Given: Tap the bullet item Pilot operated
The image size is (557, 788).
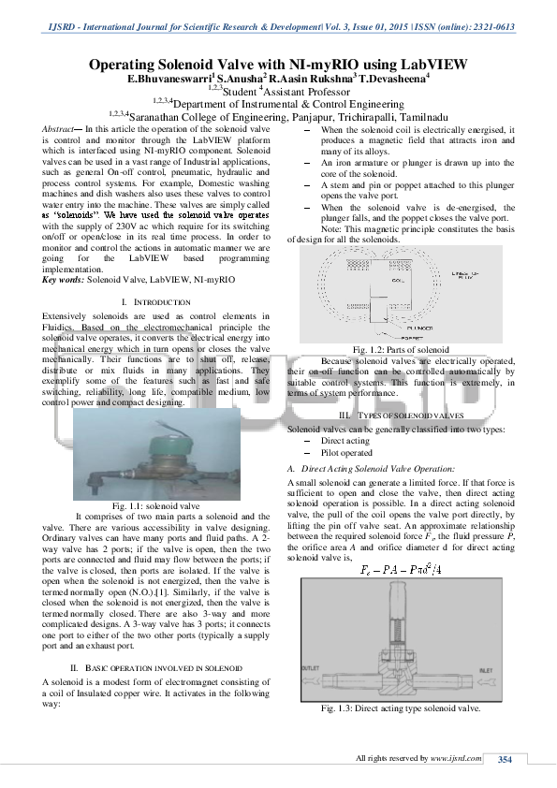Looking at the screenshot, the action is [347, 451].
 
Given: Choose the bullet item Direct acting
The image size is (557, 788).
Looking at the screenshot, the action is [345, 439].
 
